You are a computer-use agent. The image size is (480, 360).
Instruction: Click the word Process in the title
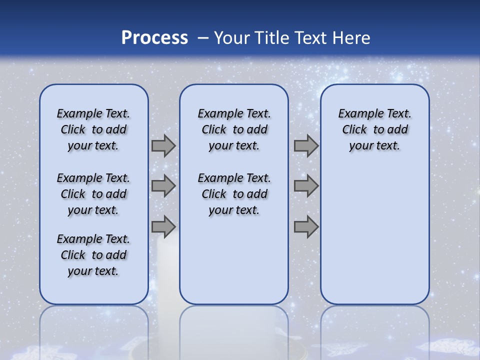coord(154,38)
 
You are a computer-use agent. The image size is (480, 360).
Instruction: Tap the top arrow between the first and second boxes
coord(163,146)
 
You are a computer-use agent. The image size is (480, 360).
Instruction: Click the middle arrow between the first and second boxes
coord(163,186)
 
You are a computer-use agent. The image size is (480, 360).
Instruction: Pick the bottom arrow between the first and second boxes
coord(163,226)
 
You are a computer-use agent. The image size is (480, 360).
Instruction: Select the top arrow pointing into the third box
coord(306,146)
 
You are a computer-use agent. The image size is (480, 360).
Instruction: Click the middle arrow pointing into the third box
coord(306,186)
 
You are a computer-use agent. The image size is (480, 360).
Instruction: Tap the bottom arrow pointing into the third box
coord(306,226)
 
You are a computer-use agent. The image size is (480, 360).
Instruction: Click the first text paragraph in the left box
coord(93,129)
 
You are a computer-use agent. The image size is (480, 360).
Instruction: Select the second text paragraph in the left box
coord(93,194)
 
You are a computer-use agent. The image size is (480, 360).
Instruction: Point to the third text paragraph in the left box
coord(93,255)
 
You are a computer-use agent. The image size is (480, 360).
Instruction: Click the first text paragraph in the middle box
coord(234,129)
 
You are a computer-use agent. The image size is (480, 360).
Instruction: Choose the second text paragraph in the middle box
coord(234,194)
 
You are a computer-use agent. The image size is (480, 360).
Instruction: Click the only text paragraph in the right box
coord(375,129)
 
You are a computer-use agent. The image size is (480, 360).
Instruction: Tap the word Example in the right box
coord(358,114)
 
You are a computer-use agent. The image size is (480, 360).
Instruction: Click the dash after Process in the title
coord(203,38)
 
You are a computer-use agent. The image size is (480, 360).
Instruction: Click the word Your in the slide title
coord(232,38)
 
